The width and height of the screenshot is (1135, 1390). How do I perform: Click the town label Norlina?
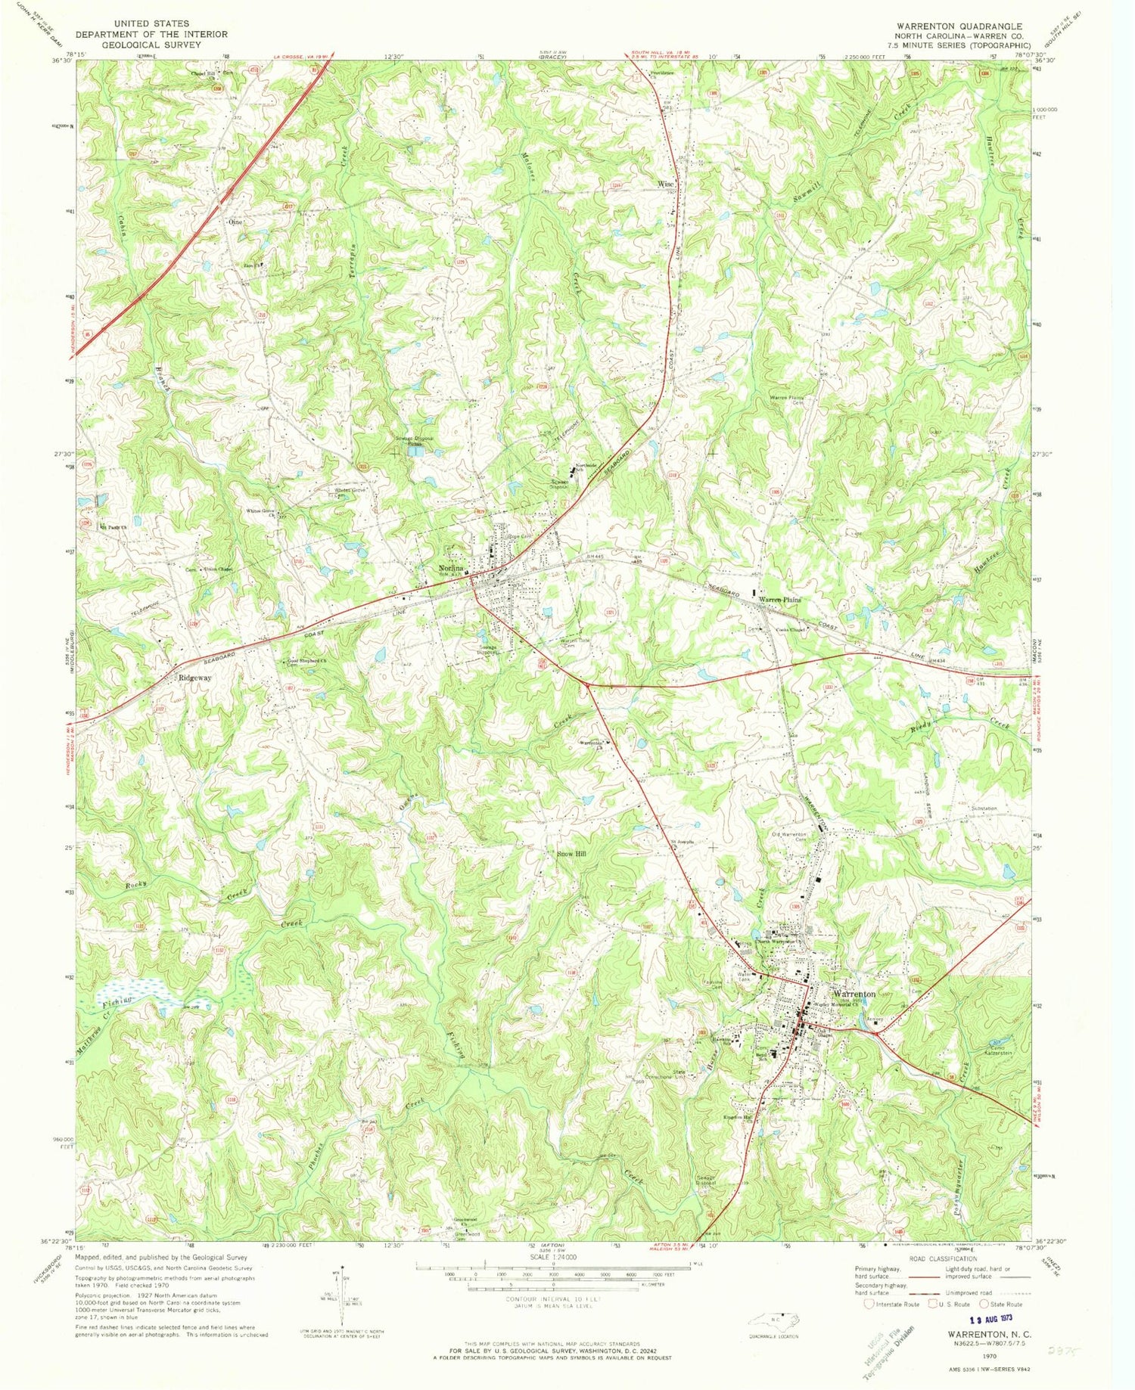(x=446, y=569)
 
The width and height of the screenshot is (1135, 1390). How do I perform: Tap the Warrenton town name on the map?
(x=854, y=994)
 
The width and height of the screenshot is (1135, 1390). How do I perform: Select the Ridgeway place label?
(x=194, y=678)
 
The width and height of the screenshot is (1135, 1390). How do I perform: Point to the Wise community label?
(x=665, y=184)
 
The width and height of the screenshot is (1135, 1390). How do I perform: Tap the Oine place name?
(x=234, y=222)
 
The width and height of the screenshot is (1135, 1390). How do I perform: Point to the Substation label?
(x=985, y=808)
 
